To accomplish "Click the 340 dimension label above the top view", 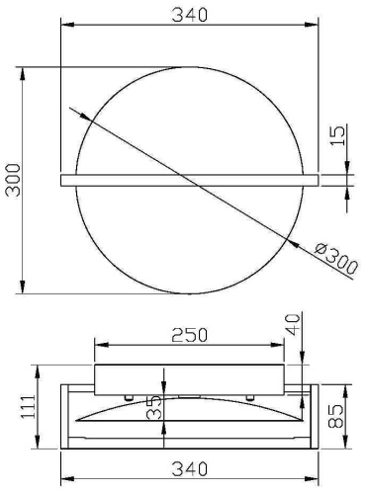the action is coord(190,15).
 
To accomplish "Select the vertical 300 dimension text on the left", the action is coord(14,180).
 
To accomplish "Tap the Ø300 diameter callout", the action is coord(335,259).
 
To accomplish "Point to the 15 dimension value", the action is coord(338,134).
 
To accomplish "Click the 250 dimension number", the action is coord(190,335).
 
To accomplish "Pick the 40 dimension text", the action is coord(293,324).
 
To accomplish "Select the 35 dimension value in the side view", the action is coord(154,407).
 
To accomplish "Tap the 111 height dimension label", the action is coord(29,406).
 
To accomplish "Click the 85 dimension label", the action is coord(335,416).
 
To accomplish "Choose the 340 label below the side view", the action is coord(190,469).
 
